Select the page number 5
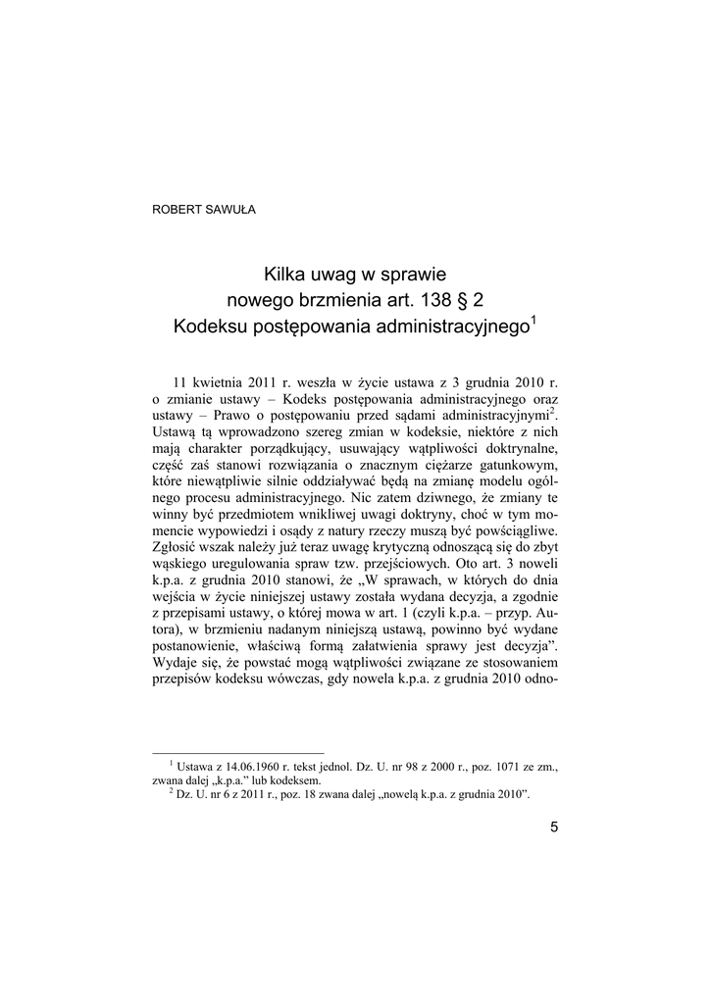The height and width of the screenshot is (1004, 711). [554, 827]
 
